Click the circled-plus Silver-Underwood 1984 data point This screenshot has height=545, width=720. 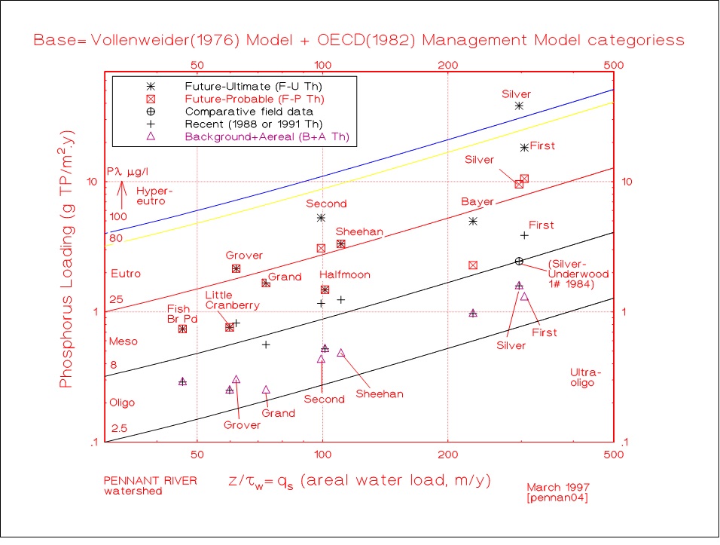click(519, 261)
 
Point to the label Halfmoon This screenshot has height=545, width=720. click(345, 275)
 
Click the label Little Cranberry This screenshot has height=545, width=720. click(233, 300)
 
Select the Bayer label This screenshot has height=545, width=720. click(477, 203)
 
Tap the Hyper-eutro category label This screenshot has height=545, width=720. click(151, 196)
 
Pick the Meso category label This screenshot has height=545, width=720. click(124, 341)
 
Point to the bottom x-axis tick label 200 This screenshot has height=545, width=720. click(448, 456)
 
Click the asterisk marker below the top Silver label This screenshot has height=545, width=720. click(519, 106)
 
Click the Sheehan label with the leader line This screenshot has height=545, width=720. click(380, 393)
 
